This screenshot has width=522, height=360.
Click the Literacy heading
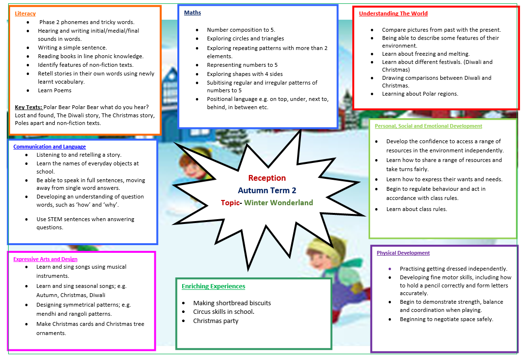pyautogui.click(x=25, y=13)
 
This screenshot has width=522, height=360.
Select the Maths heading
pyautogui.click(x=192, y=12)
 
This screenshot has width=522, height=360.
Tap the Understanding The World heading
pyautogui.click(x=393, y=13)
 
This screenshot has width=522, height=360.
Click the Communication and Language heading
pyautogui.click(x=50, y=147)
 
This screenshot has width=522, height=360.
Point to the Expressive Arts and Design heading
pyautogui.click(x=45, y=259)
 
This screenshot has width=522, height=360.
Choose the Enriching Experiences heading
pyautogui.click(x=213, y=286)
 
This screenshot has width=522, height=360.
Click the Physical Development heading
pyautogui.click(x=403, y=253)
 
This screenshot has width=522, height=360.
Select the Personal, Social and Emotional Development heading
pyautogui.click(x=428, y=126)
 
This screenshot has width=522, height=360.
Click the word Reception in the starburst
pyautogui.click(x=267, y=178)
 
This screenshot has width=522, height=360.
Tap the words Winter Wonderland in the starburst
pyautogui.click(x=279, y=202)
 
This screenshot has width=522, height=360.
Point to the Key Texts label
pyautogui.click(x=28, y=107)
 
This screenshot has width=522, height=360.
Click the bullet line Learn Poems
pyautogui.click(x=55, y=90)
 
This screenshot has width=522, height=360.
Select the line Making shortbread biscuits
pyautogui.click(x=232, y=303)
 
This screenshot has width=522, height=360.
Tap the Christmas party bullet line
pyautogui.click(x=216, y=321)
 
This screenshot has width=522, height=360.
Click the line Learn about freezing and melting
pyautogui.click(x=426, y=54)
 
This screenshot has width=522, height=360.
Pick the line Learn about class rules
pyautogui.click(x=416, y=209)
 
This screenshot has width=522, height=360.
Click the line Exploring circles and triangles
pyautogui.click(x=245, y=38)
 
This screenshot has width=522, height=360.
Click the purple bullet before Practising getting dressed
pyautogui.click(x=390, y=269)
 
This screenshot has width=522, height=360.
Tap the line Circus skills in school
pyautogui.click(x=224, y=312)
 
